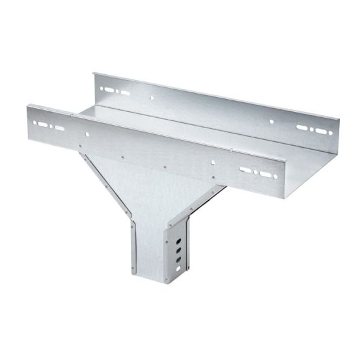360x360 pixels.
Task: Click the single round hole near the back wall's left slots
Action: (152, 98)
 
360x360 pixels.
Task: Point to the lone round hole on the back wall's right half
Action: (271, 121)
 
